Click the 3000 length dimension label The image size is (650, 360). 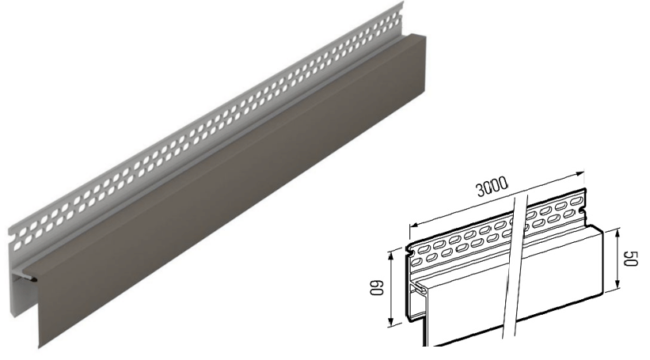pos(492,187)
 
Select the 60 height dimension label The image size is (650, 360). pos(377,287)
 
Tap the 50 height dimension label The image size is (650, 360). pos(631,259)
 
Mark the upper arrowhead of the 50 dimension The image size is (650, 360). pos(618,233)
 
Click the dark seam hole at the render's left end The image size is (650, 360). pos(32,280)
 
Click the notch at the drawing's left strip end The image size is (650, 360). pos(409,251)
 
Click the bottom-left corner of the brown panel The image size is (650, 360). pos(40,348)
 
